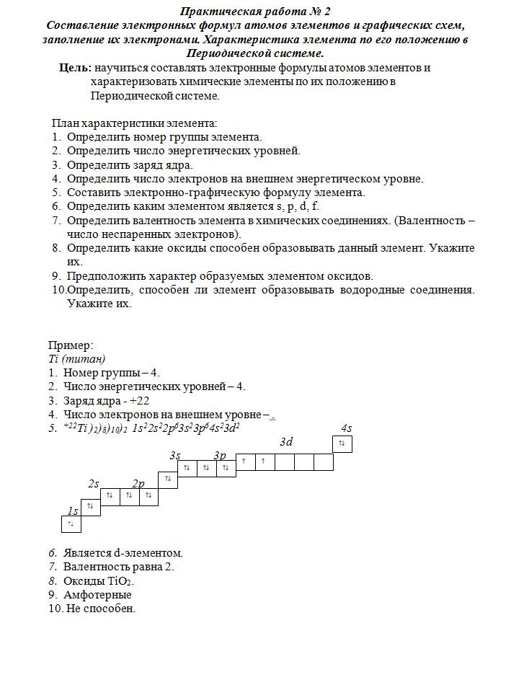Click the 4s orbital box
coord(343,444)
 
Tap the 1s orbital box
coord(71,524)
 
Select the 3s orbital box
coord(167,479)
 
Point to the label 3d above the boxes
coord(286,441)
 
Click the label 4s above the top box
coord(346,428)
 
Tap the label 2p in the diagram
coord(138,483)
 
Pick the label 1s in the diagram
coord(72,511)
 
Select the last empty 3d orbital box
coord(323,461)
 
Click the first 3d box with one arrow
coord(245,461)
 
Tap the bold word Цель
coord(75,68)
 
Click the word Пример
coord(71,345)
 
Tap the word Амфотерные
coord(97,595)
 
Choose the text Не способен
coord(101,609)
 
